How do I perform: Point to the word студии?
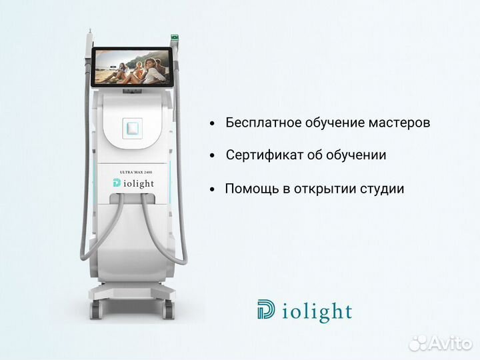pyautogui.click(x=382, y=189)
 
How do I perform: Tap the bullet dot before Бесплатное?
pyautogui.click(x=212, y=124)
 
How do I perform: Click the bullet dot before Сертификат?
pyautogui.click(x=212, y=156)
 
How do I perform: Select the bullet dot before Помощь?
pyautogui.click(x=212, y=189)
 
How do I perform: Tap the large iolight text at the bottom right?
pyautogui.click(x=317, y=311)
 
